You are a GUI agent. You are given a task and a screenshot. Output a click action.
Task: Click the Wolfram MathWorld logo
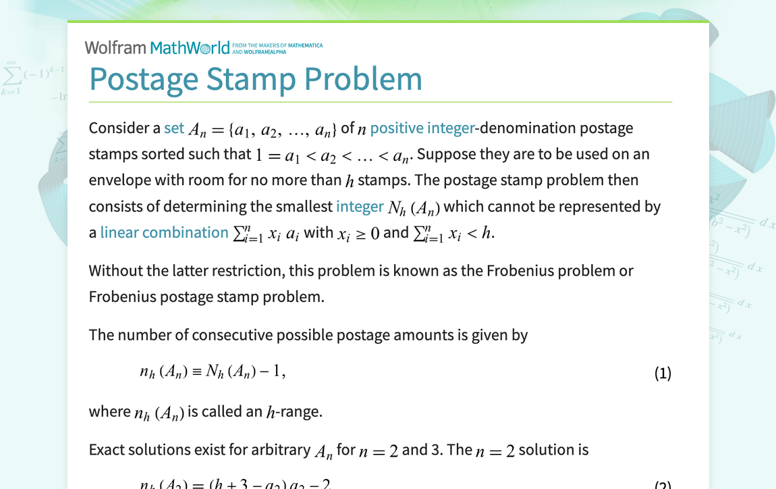(157, 47)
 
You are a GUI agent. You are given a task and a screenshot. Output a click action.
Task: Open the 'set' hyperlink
(174, 128)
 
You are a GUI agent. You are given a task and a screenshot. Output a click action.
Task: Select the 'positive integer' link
(406, 128)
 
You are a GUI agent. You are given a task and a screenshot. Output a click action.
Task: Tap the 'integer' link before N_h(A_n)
(360, 207)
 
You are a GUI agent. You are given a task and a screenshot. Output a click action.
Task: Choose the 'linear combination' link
(164, 232)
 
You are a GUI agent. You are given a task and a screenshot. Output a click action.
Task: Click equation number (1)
(663, 374)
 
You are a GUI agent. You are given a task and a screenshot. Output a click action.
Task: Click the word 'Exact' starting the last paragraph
(107, 450)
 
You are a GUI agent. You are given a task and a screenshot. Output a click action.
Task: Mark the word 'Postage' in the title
(143, 79)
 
